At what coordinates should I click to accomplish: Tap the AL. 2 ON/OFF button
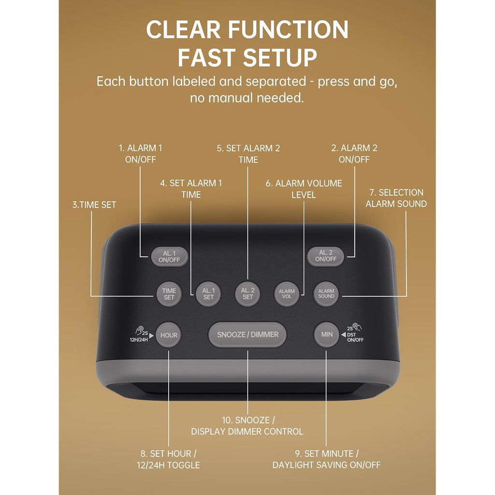tap(325, 256)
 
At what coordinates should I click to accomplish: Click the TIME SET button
tap(169, 294)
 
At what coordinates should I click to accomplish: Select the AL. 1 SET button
tap(208, 294)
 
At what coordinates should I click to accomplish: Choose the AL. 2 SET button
tap(247, 294)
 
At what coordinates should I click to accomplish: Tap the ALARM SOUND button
tap(326, 294)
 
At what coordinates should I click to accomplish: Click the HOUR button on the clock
tap(169, 335)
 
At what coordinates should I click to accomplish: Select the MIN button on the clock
tap(327, 335)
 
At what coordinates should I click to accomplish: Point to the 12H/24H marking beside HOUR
tap(139, 340)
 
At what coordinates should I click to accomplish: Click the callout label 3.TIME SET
tap(94, 205)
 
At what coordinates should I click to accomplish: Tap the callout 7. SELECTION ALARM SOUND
tap(396, 198)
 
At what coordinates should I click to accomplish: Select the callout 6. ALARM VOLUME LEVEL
tap(304, 189)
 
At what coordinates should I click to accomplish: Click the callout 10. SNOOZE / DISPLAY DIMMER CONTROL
tap(247, 425)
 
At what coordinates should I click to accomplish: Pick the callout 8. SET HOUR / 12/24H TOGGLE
tap(168, 459)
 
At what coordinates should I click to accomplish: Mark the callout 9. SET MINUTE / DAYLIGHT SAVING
tap(326, 459)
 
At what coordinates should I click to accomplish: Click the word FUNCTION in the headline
tap(288, 29)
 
